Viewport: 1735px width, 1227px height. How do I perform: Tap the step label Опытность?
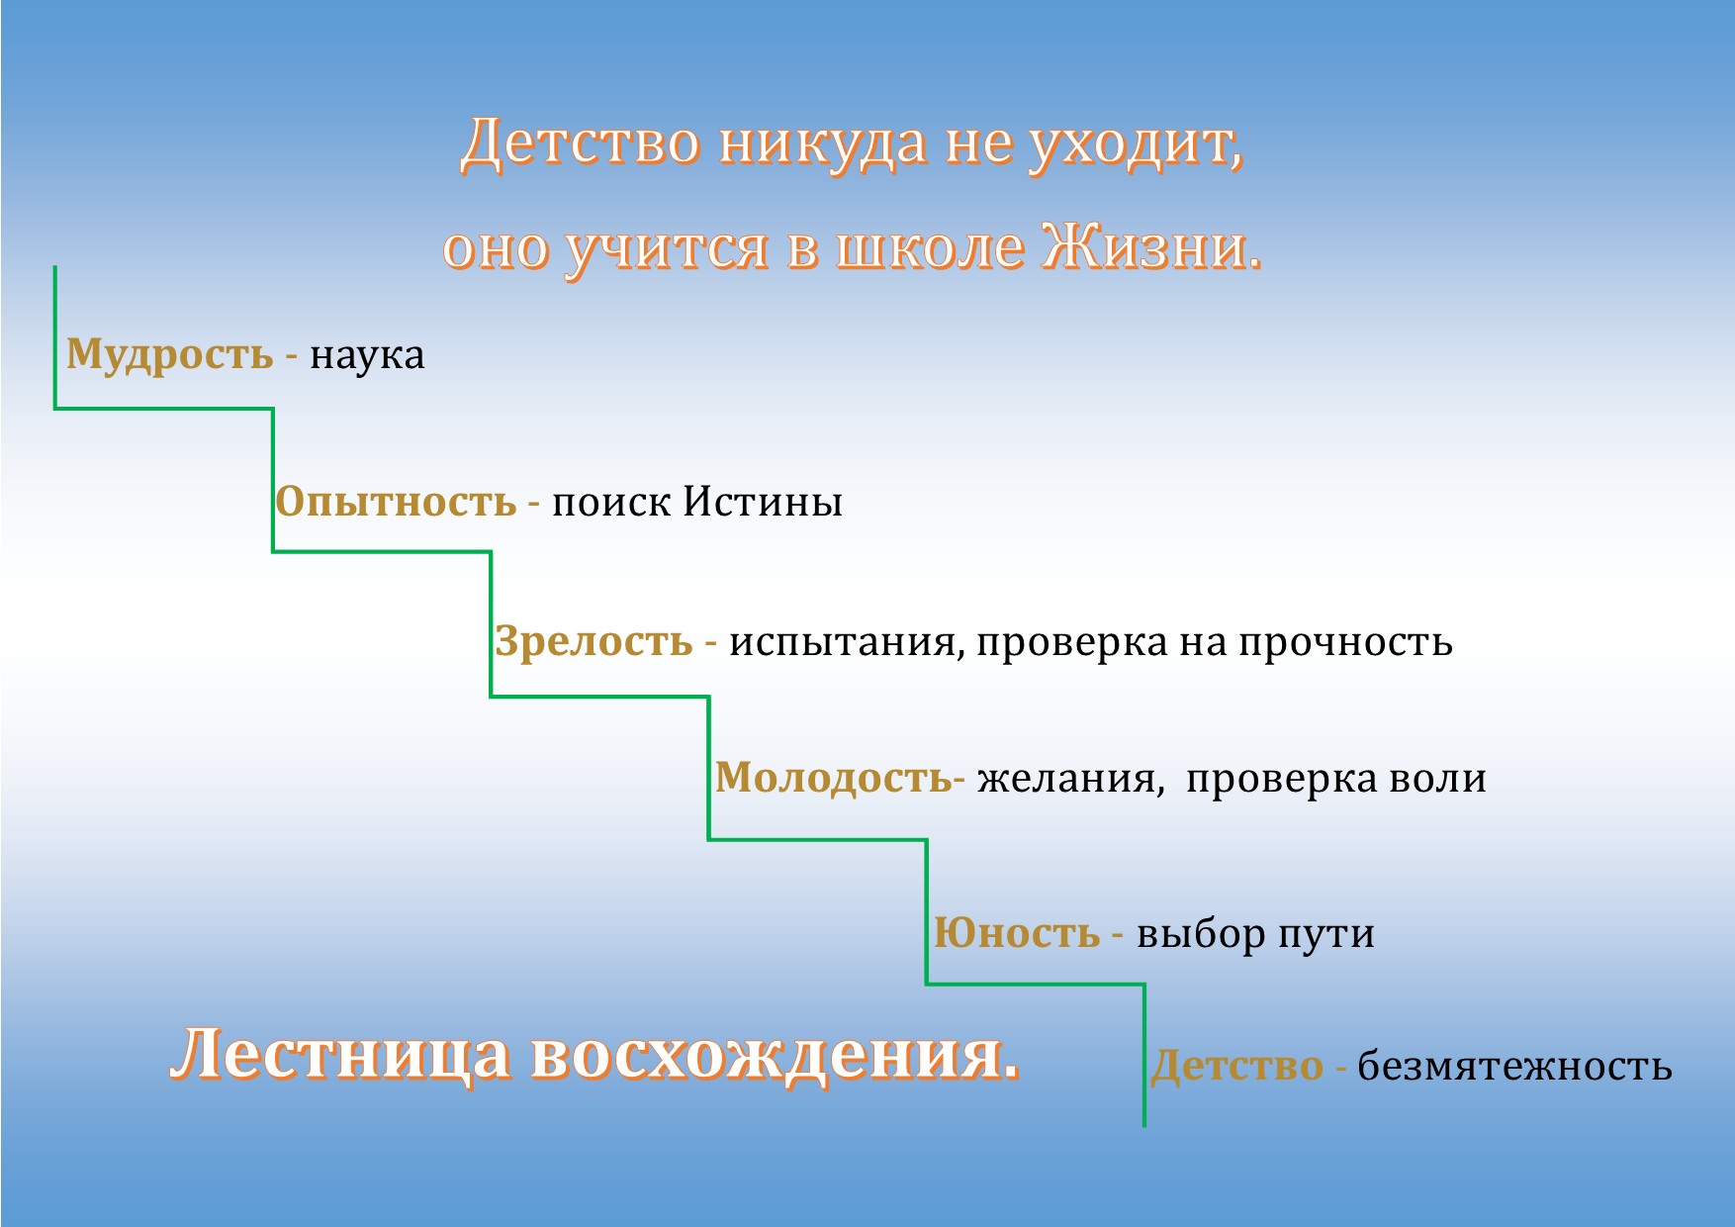click(396, 503)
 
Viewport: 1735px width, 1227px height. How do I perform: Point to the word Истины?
click(763, 503)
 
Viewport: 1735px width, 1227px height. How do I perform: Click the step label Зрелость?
click(594, 642)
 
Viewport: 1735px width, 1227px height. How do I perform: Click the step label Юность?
click(1017, 933)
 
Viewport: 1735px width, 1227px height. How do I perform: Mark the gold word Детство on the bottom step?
click(1237, 1067)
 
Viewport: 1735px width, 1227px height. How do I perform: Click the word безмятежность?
click(1514, 1067)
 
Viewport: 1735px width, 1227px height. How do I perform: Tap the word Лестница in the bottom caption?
click(342, 1055)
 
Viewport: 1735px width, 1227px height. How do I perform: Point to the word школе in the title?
click(930, 248)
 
